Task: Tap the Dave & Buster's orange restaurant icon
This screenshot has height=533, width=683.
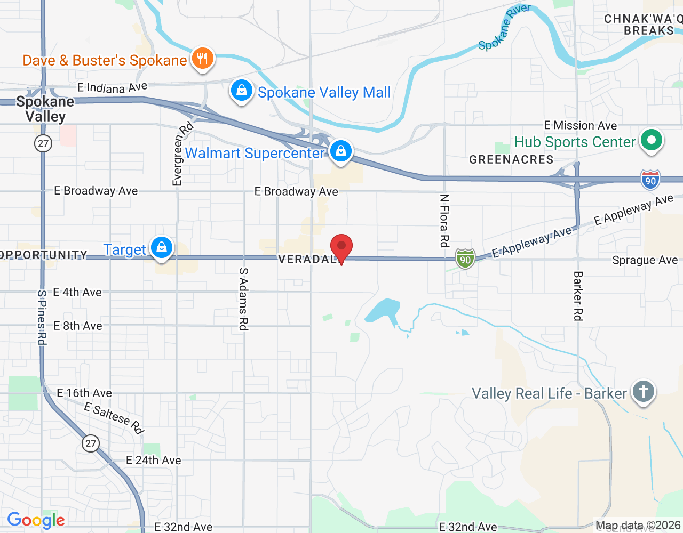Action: (x=202, y=58)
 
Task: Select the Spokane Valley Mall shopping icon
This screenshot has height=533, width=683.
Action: (x=242, y=91)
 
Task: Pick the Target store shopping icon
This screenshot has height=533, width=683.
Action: (x=161, y=247)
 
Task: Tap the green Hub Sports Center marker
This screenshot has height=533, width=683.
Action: (x=651, y=141)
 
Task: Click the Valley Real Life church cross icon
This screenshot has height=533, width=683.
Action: (x=643, y=392)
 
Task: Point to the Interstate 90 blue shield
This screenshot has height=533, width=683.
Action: (x=650, y=180)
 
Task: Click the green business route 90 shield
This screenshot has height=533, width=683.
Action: (x=465, y=259)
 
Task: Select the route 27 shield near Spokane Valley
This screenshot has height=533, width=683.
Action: (x=43, y=143)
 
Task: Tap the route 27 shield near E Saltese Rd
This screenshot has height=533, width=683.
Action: (x=91, y=443)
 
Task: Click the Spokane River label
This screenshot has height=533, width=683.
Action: (x=504, y=27)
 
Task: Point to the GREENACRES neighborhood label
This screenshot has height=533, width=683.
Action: (x=511, y=159)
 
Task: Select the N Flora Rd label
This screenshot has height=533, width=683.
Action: (x=444, y=221)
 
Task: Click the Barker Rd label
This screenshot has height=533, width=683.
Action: (x=577, y=296)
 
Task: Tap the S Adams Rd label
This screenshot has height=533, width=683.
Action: (x=243, y=298)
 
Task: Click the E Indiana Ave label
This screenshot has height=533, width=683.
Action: (x=112, y=87)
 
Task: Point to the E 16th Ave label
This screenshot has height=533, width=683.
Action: (x=84, y=393)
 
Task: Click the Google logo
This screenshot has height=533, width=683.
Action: (x=36, y=520)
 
